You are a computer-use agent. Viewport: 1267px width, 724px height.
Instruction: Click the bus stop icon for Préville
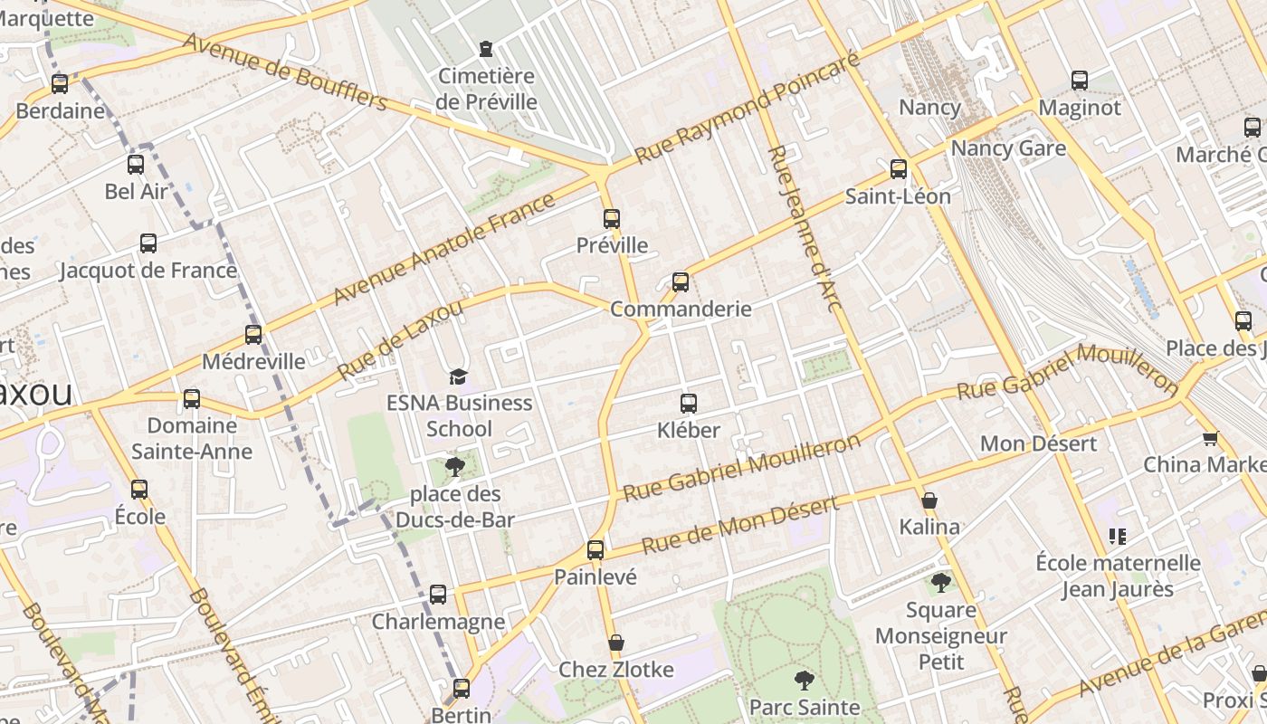pyautogui.click(x=612, y=218)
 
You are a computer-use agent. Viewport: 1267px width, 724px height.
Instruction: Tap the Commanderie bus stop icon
pyautogui.click(x=681, y=281)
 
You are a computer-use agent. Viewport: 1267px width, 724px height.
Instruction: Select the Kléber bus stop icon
pyautogui.click(x=689, y=403)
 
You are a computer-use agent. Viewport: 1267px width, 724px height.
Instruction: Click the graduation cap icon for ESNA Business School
pyautogui.click(x=459, y=376)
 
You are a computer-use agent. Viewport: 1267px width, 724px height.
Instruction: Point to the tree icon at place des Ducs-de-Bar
pyautogui.click(x=455, y=467)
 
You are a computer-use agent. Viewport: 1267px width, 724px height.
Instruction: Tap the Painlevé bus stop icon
pyautogui.click(x=595, y=549)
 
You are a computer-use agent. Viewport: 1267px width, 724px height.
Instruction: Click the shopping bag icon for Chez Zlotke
pyautogui.click(x=616, y=643)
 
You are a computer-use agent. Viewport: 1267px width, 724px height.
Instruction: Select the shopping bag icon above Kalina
pyautogui.click(x=929, y=500)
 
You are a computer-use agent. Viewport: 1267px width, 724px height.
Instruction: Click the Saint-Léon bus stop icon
pyautogui.click(x=899, y=168)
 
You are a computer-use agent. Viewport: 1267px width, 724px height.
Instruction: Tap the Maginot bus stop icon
pyautogui.click(x=1080, y=80)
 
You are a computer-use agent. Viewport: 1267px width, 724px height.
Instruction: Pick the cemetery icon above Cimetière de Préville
pyautogui.click(x=486, y=48)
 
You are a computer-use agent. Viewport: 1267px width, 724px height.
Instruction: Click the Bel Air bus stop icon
pyautogui.click(x=136, y=164)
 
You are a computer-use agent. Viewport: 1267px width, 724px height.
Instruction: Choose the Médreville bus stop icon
pyautogui.click(x=253, y=334)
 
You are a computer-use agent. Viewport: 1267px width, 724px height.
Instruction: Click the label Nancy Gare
pyautogui.click(x=1008, y=148)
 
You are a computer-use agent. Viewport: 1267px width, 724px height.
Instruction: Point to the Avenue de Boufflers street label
pyautogui.click(x=285, y=71)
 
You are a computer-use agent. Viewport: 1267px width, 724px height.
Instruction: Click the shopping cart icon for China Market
pyautogui.click(x=1210, y=438)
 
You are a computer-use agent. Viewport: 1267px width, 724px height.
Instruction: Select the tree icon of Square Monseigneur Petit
pyautogui.click(x=941, y=582)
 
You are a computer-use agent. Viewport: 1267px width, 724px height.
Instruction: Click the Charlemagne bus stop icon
pyautogui.click(x=438, y=594)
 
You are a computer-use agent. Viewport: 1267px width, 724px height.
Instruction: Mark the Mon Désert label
pyautogui.click(x=1038, y=443)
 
